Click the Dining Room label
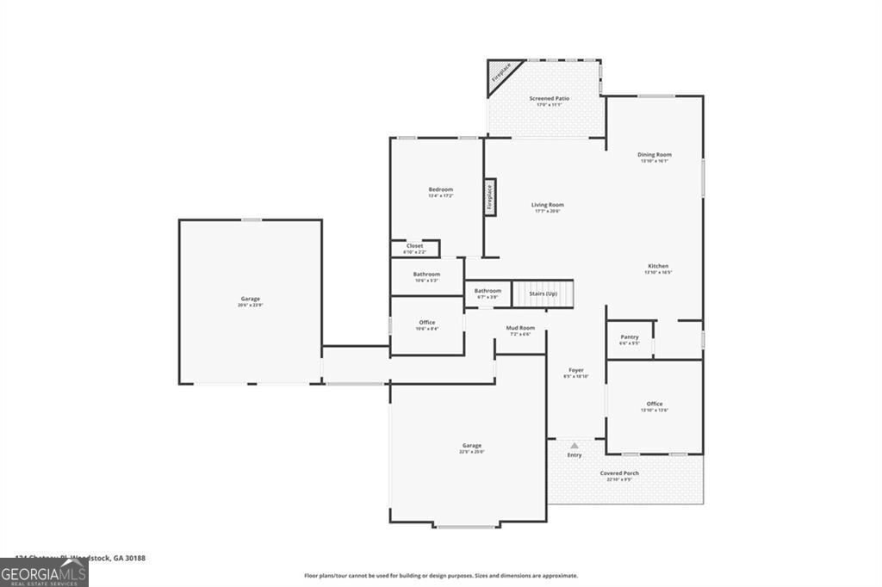655,154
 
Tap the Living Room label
548,205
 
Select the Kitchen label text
658,266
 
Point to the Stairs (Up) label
543,293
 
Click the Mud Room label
520,328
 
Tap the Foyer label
575,370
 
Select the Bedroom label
440,189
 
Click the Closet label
415,246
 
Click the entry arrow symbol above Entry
575,445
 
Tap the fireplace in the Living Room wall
489,197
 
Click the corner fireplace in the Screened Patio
500,72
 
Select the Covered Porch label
619,473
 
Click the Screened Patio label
550,98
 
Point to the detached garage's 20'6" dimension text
251,306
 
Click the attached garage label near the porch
472,445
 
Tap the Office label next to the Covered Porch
655,404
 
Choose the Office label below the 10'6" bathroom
427,322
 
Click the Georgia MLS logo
44,572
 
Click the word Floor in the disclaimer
312,576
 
